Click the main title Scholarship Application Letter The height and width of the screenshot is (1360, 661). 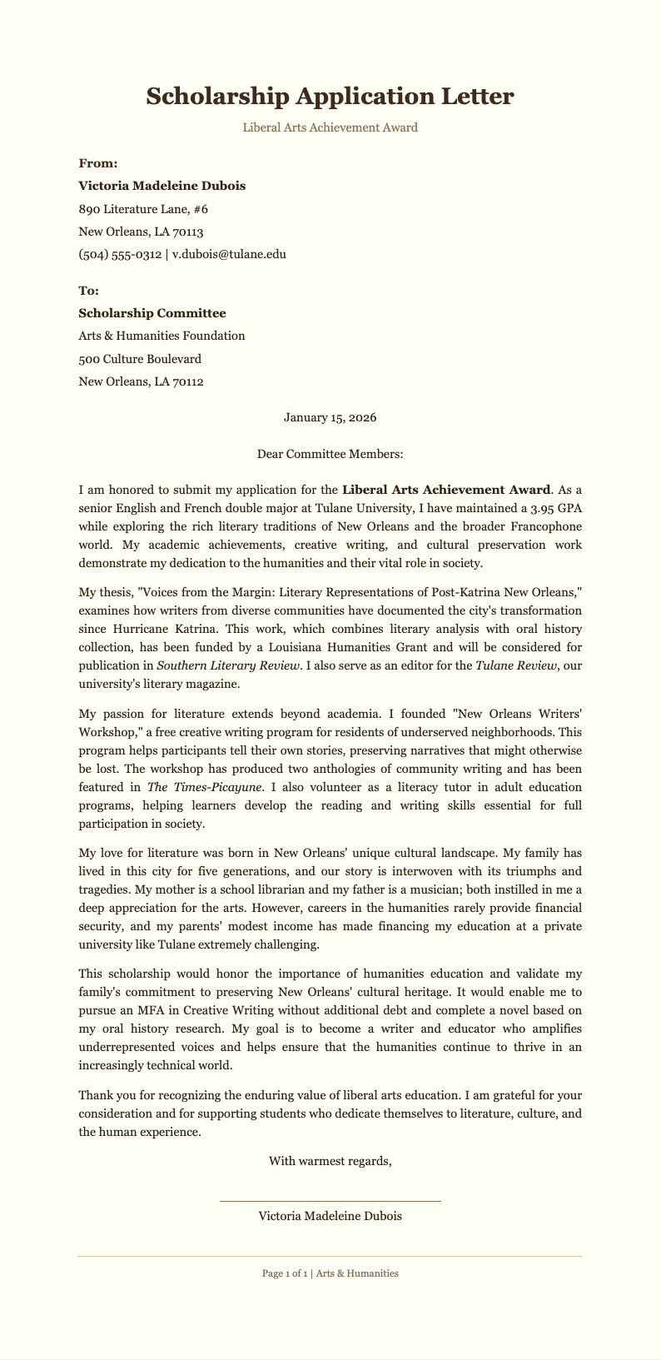(330, 97)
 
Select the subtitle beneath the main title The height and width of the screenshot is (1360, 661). (330, 127)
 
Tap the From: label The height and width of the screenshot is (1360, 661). (97, 163)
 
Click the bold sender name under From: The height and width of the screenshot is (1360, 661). (162, 186)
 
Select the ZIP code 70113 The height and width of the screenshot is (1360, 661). (187, 232)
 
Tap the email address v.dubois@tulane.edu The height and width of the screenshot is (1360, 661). (229, 254)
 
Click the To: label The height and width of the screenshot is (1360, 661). (88, 291)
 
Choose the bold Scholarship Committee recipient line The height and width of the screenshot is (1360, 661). (152, 313)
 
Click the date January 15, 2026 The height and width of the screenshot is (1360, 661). (330, 417)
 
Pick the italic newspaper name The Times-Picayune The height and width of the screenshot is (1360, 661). (192, 786)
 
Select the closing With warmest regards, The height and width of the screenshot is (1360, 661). (330, 1161)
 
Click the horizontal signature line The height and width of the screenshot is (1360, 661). (330, 1201)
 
